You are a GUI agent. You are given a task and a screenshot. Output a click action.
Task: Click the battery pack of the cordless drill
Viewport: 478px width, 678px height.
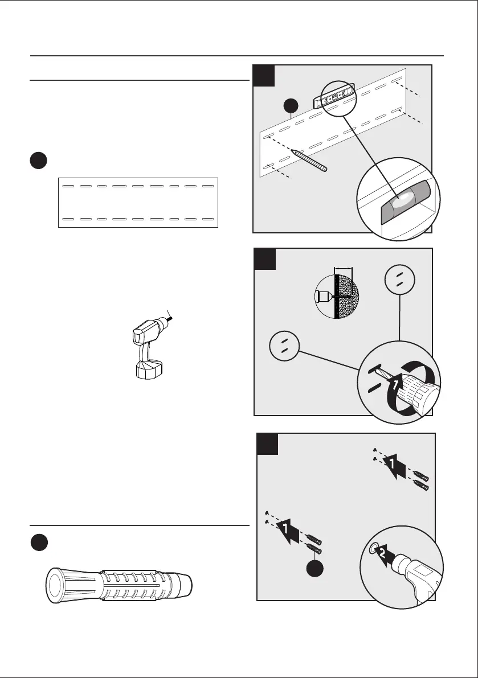click(149, 370)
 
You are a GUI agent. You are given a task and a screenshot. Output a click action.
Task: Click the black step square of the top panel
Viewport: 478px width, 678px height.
click(265, 76)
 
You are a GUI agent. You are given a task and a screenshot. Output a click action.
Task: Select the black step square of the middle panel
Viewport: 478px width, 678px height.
click(265, 259)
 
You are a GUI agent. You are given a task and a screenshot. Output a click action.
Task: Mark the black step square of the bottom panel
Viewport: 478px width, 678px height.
click(268, 444)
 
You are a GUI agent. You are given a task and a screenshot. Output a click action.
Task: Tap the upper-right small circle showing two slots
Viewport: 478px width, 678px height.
click(400, 279)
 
